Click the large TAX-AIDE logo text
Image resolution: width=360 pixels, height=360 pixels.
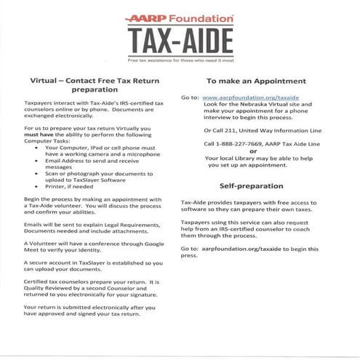pos(180,38)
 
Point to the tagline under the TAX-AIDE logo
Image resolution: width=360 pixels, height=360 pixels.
pos(180,57)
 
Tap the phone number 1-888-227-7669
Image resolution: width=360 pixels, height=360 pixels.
pos(233,143)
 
